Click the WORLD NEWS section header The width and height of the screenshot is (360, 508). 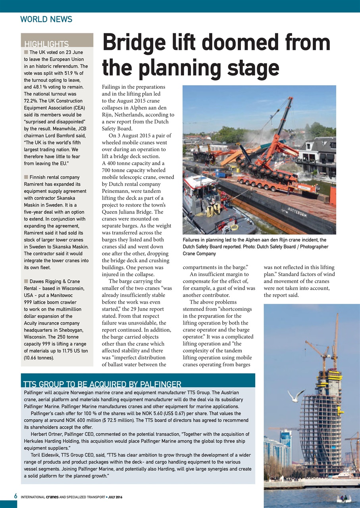[46, 19]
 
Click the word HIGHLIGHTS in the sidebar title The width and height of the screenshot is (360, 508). [46, 44]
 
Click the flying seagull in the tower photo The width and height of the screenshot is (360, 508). [295, 395]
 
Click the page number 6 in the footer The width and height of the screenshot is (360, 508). [15, 496]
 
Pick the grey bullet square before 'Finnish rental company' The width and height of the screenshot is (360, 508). [26, 177]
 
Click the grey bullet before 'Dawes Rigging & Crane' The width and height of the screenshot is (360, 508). [26, 281]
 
